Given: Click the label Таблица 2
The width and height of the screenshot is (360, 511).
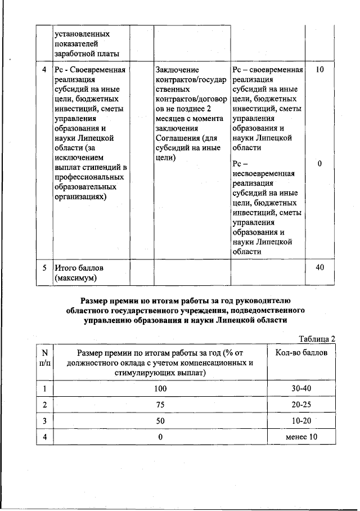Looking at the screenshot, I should (x=317, y=338).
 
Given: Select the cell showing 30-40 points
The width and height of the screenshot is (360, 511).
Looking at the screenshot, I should (x=301, y=388).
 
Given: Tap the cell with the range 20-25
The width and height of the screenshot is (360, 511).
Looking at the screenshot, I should (x=301, y=405).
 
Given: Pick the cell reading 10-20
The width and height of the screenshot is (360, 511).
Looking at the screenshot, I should (x=301, y=421).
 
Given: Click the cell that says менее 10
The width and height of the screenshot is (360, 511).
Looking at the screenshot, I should (x=301, y=437).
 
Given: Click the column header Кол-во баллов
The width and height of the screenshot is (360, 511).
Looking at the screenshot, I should (x=301, y=352).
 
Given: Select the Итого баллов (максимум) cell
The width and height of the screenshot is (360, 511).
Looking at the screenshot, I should (x=79, y=272).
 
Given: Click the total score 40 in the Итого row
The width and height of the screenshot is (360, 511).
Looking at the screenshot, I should (x=319, y=267).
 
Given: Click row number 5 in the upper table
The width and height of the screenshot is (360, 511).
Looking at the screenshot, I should (x=44, y=267).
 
